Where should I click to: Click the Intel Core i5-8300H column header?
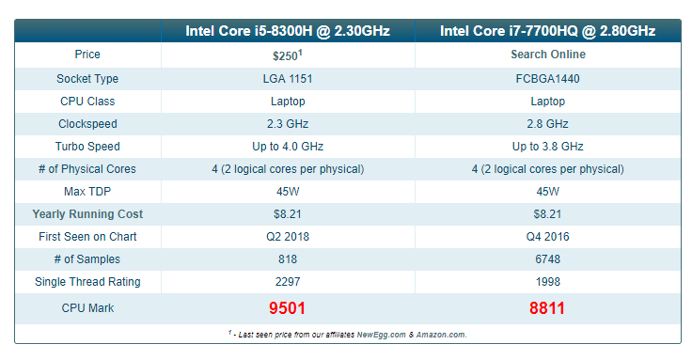288,31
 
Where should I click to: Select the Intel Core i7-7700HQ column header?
548,31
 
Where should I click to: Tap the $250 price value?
288,55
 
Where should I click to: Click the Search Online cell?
548,55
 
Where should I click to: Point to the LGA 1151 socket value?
288,79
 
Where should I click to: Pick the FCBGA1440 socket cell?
548,79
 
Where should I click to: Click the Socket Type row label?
87,79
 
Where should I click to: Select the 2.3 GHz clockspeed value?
288,123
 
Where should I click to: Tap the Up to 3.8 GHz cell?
548,146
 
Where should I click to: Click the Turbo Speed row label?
87,146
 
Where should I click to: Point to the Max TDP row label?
87,192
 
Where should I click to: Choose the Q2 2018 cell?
288,237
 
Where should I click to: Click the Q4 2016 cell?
548,237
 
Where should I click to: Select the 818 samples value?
288,259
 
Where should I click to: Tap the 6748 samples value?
548,259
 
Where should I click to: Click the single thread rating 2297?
288,281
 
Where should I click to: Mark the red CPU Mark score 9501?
288,308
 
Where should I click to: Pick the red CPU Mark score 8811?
547,308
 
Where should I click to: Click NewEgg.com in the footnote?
382,335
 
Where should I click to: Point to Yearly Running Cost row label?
87,214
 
